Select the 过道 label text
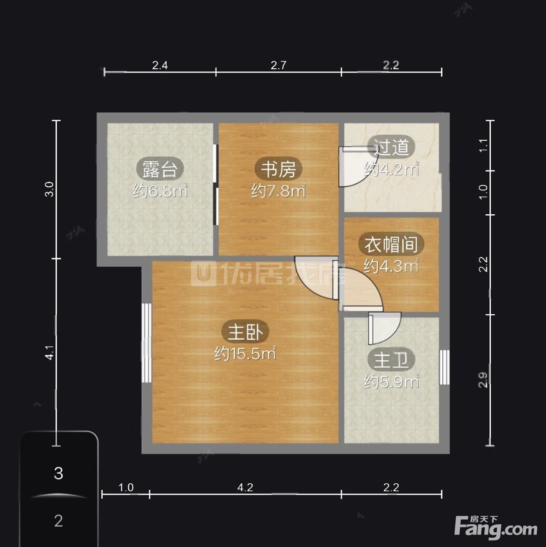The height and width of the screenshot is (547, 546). point(391,147)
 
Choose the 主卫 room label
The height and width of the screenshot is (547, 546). point(391,360)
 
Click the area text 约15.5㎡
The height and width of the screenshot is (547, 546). point(245,353)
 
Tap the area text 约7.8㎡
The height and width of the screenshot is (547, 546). point(278,191)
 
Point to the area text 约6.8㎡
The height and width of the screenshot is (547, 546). point(160,191)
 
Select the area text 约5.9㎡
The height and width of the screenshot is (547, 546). point(391,382)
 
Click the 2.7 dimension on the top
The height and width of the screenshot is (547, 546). point(278,65)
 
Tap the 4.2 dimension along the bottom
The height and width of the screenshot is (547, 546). point(245,488)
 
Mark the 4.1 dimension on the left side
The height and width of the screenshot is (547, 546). point(50,352)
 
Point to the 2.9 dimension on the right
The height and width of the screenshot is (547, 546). point(483,380)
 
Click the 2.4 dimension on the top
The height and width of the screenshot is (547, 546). point(160,65)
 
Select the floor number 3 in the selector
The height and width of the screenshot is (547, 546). point(59,474)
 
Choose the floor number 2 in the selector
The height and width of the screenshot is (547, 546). point(59,521)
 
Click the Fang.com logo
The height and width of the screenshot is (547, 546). point(496,527)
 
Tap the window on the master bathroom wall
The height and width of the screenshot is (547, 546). point(444,367)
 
